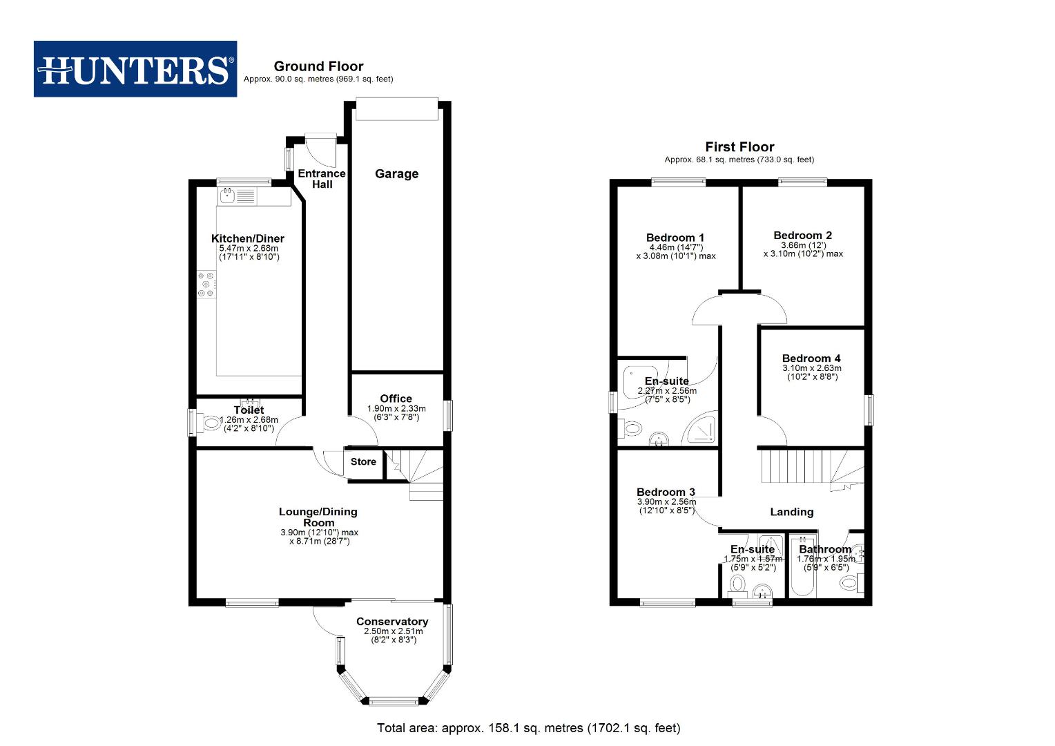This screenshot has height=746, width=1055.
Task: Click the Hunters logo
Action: point(135,68)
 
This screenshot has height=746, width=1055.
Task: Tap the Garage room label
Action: point(396,174)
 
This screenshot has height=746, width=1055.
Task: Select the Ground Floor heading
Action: point(318,66)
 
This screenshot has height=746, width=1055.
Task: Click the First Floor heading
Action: point(739,147)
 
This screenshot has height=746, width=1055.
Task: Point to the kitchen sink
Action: point(228,196)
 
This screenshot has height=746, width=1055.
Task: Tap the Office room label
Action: point(396,399)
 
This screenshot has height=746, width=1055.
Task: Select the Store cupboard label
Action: point(363,462)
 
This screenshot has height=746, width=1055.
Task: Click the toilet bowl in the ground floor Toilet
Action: point(211,423)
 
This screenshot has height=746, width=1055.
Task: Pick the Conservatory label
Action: point(392,622)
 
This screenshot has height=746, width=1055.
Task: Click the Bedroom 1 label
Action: point(675,238)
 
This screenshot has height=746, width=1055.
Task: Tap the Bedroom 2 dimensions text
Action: point(803,249)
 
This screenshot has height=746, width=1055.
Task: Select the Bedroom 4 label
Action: point(811,358)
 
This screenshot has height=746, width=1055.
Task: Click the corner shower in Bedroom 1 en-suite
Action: point(701,430)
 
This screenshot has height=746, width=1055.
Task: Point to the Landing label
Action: point(791,512)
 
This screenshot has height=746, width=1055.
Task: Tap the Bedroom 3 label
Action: point(666,492)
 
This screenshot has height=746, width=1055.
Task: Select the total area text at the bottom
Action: point(528,728)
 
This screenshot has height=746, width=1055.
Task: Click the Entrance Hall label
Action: point(322,179)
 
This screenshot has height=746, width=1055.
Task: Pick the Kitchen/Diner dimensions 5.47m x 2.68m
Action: point(249,248)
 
